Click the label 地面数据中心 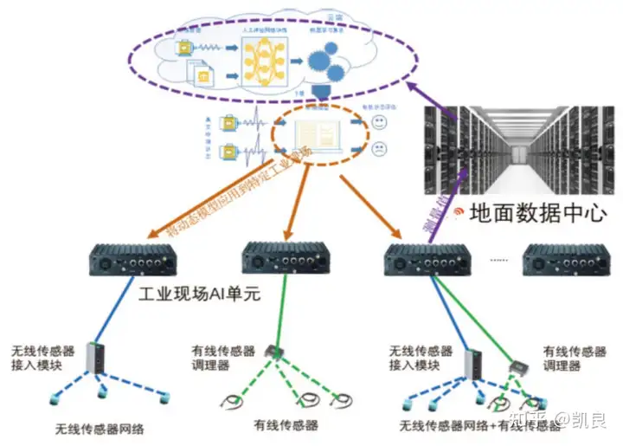tap(536, 213)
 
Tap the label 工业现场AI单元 tap(200, 294)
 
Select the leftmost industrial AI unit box tap(133, 257)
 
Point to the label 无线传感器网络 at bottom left tap(100, 429)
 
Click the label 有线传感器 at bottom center tap(286, 425)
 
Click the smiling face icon tap(379, 125)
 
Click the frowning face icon tap(379, 149)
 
